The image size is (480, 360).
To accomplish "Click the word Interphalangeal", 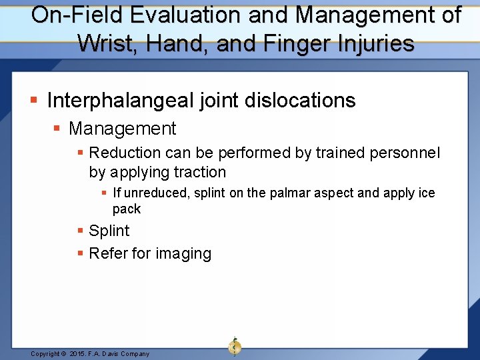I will tap(120, 101).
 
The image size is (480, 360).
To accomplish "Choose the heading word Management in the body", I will tap(122, 129).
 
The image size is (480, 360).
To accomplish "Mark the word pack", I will tap(127, 209).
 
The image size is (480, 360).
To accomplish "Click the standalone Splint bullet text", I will tap(109, 231).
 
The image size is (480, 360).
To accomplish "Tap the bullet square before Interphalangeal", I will tap(35, 101).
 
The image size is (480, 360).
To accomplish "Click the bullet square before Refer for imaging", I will tap(81, 254).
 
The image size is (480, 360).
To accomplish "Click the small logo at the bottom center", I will tap(235, 347).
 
